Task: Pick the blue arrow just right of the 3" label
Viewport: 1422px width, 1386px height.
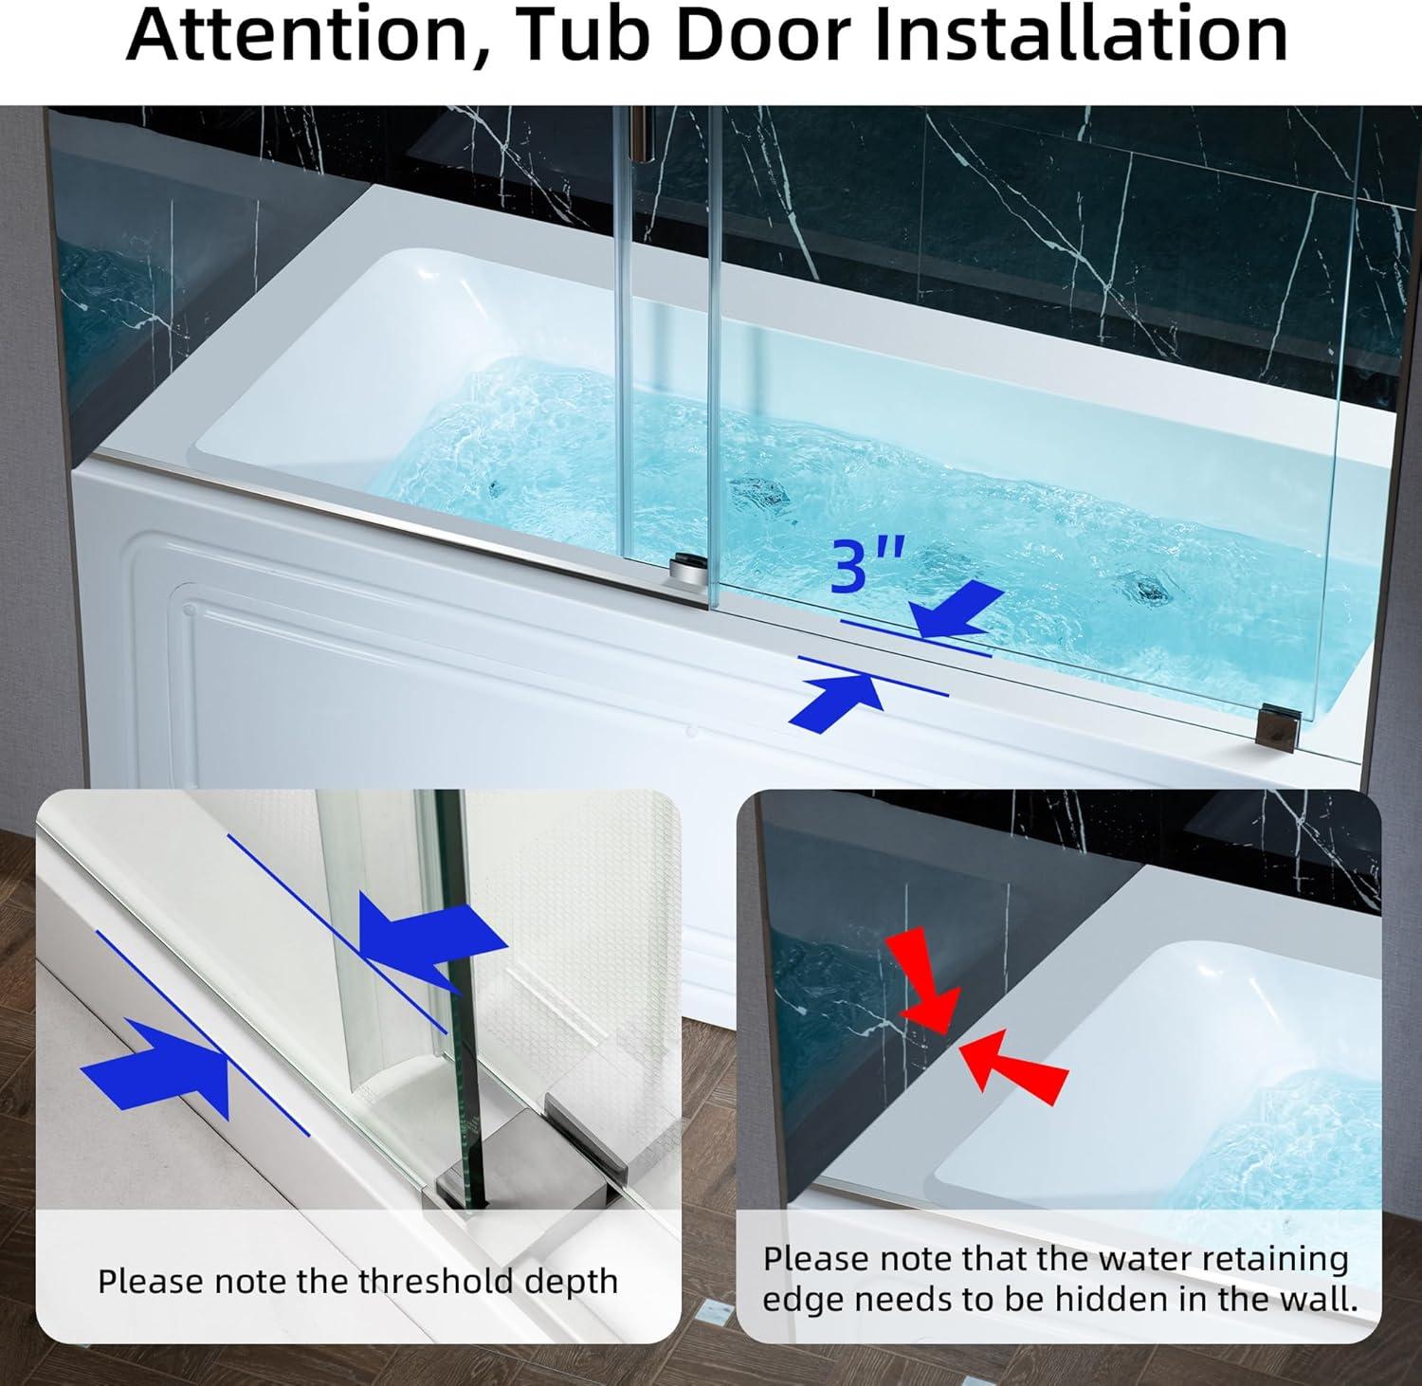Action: pyautogui.click(x=957, y=611)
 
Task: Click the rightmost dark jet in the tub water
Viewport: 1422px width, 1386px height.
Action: pyautogui.click(x=1151, y=591)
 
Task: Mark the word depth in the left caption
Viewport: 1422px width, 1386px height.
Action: pyautogui.click(x=573, y=1282)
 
